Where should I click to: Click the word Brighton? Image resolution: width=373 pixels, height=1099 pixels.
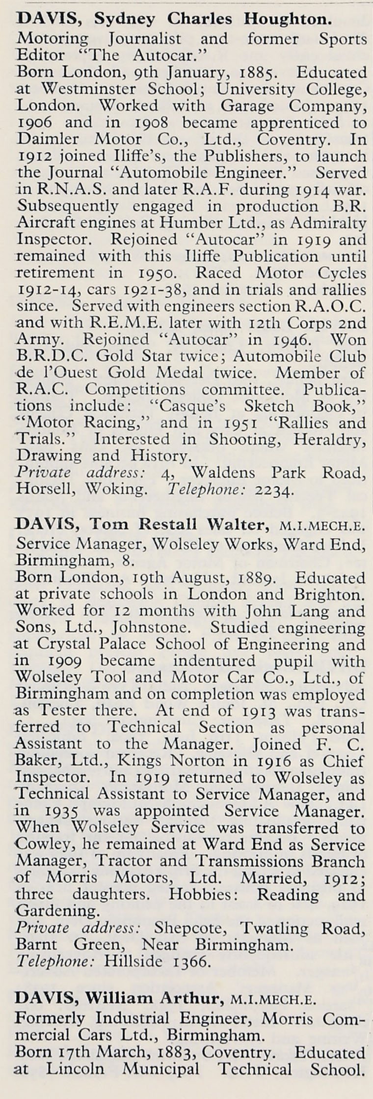click(x=336, y=594)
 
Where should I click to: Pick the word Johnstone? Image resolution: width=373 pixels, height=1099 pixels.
click(x=155, y=628)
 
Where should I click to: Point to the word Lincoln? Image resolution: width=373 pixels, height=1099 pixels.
click(x=78, y=1081)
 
